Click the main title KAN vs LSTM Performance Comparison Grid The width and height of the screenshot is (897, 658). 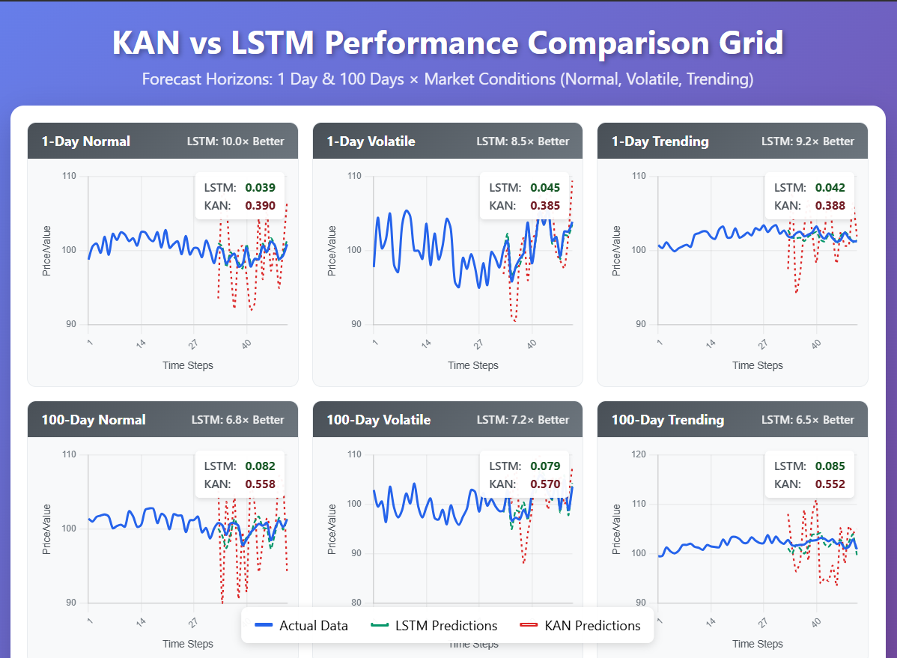448,43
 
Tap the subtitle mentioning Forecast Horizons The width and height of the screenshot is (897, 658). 448,79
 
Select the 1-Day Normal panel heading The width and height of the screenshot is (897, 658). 85,141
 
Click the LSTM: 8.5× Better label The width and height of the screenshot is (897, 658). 523,141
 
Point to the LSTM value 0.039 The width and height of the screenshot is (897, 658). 261,188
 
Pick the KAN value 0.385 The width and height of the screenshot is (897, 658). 545,206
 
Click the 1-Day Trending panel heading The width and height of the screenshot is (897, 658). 660,141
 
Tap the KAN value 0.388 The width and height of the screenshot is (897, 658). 830,206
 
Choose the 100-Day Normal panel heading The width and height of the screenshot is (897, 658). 94,420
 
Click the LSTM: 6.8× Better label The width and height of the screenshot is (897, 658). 237,420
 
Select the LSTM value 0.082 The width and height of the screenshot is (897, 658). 261,466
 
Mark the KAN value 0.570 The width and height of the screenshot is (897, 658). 545,484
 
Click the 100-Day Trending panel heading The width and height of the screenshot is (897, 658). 668,420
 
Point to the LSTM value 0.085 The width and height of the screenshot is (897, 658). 830,466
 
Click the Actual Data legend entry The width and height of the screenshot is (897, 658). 301,626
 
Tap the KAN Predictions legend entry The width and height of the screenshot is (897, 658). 581,626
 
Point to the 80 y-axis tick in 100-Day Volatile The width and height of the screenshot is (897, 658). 356,603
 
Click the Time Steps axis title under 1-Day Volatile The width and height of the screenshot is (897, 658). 472,365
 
